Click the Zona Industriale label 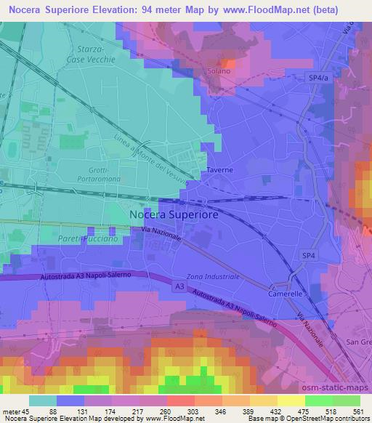point(213,277)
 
